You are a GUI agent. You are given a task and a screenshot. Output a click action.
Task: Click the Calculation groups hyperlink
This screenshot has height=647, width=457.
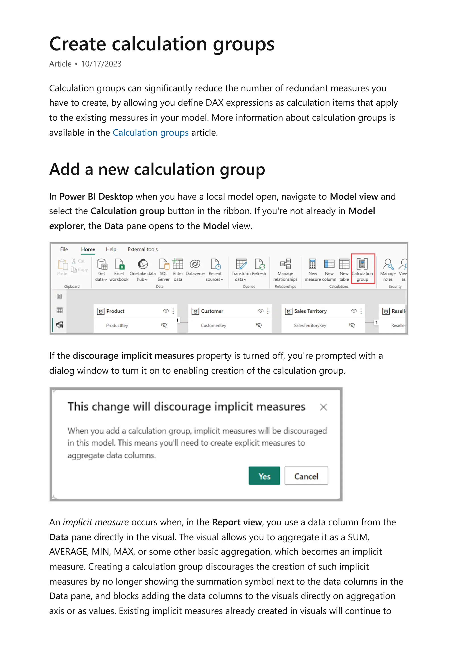pyautogui.click(x=150, y=132)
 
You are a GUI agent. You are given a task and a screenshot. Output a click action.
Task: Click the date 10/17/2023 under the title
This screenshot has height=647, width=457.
pyautogui.click(x=101, y=64)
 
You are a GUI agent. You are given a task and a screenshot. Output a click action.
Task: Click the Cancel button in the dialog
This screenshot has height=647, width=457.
pyautogui.click(x=306, y=476)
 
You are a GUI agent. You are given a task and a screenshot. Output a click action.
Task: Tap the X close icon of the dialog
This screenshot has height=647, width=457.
pyautogui.click(x=323, y=407)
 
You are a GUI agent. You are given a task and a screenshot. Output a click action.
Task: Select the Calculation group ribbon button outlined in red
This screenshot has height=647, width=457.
pyautogui.click(x=362, y=269)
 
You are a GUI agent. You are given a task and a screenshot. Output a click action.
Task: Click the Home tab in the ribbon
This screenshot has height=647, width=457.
pyautogui.click(x=88, y=249)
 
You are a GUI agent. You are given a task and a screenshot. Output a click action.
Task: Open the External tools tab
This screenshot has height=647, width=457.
pyautogui.click(x=143, y=249)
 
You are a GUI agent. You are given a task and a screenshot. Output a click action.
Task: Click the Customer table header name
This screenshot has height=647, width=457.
pyautogui.click(x=212, y=311)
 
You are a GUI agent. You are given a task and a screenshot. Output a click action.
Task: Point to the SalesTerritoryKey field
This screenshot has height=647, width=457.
pyautogui.click(x=310, y=326)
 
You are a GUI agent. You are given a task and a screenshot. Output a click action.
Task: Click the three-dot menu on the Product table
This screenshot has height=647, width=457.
pyautogui.click(x=173, y=311)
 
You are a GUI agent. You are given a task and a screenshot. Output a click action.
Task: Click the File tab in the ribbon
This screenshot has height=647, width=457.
pyautogui.click(x=64, y=249)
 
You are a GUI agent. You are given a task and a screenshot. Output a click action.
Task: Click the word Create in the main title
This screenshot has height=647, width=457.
pyautogui.click(x=77, y=44)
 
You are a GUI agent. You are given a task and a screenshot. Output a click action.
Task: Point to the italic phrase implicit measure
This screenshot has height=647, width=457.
pyautogui.click(x=96, y=522)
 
